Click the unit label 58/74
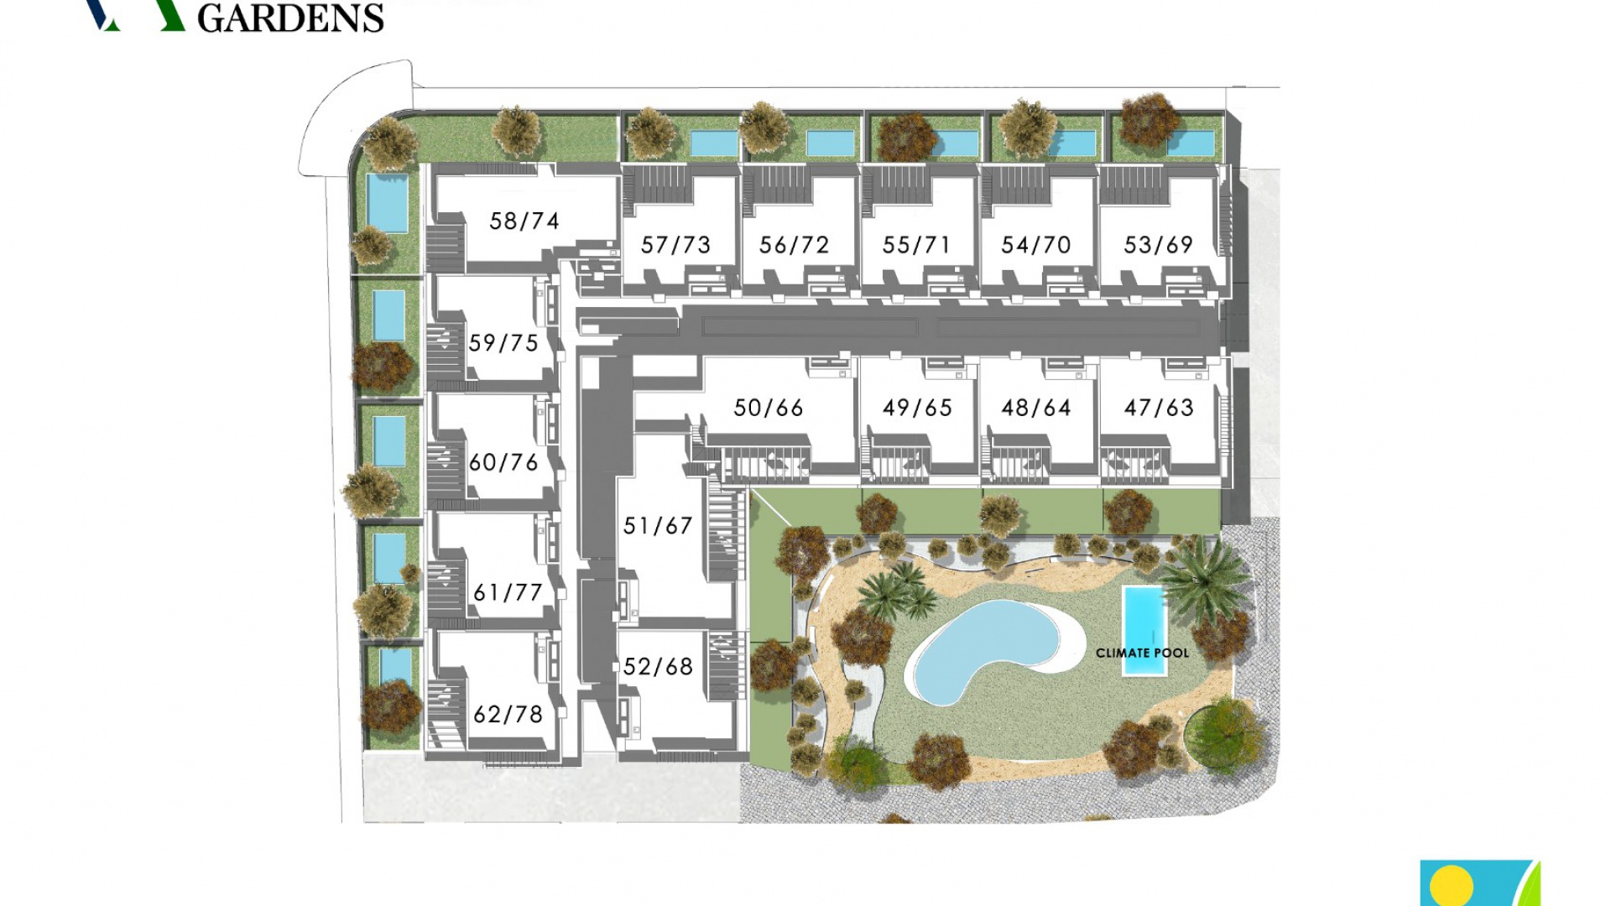click(x=524, y=221)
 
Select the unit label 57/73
click(x=675, y=245)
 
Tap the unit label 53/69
click(x=1158, y=245)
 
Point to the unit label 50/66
click(x=768, y=408)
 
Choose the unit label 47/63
click(x=1158, y=408)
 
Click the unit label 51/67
click(x=657, y=526)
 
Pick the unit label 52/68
click(x=657, y=667)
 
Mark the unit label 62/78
click(x=508, y=714)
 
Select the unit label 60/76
click(x=503, y=462)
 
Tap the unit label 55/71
click(x=916, y=245)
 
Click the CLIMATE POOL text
click(x=1142, y=653)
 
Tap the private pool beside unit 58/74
click(x=387, y=202)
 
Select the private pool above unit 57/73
click(x=714, y=143)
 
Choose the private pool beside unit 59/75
click(x=388, y=315)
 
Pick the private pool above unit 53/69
click(x=1190, y=143)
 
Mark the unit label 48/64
click(x=1035, y=408)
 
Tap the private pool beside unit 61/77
click(x=389, y=557)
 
